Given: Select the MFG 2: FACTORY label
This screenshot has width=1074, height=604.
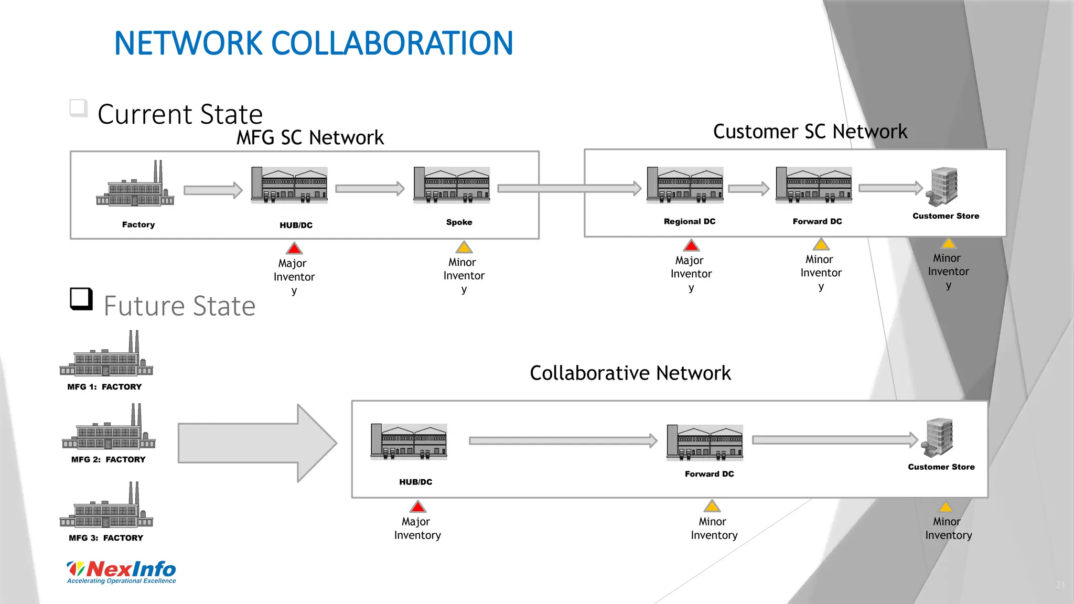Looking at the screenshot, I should [109, 459].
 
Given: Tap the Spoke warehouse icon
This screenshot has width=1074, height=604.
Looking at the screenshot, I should [452, 185].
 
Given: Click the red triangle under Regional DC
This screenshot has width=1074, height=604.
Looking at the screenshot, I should [691, 245].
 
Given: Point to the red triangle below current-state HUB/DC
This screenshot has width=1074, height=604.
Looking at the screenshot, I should [294, 249].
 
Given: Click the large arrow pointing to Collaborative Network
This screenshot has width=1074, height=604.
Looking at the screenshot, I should [257, 443].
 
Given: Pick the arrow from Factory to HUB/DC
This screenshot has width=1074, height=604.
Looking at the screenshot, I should [213, 190].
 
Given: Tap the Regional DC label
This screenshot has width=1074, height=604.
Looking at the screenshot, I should [690, 221].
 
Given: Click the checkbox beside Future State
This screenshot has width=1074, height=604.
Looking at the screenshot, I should [81, 299].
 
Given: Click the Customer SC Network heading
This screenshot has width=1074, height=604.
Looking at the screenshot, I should [810, 131].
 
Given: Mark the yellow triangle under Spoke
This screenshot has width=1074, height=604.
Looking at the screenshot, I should [464, 247].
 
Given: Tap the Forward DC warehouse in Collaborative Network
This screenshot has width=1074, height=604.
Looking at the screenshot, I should [704, 443].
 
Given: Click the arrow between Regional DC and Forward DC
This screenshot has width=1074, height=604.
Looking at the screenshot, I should [748, 188].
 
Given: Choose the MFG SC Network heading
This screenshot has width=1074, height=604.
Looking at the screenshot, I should [310, 137].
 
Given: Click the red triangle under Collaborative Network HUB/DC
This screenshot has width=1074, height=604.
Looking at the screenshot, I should [418, 507].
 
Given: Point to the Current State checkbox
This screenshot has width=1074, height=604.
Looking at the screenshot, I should [79, 108].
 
